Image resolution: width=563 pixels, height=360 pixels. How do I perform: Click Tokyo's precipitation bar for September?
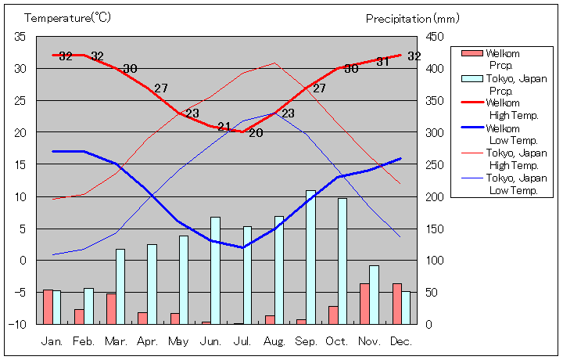point(310,257)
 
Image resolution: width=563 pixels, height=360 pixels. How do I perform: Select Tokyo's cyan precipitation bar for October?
point(342,261)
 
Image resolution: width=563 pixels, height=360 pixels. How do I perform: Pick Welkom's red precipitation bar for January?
point(48,307)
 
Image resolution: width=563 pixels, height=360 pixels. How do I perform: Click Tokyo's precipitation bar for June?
point(215,270)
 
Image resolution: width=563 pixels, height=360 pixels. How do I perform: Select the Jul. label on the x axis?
point(242,341)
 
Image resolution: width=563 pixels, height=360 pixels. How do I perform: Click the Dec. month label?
point(401,341)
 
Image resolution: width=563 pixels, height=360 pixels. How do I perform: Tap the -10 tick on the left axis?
point(18,324)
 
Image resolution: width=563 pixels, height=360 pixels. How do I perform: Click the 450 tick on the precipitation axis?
point(435,37)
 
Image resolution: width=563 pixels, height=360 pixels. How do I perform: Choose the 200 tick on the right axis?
point(435,196)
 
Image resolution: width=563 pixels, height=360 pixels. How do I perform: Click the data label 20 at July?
point(256,133)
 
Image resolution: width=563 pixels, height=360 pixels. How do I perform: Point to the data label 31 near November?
point(382,62)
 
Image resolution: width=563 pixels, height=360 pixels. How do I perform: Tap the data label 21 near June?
point(224,127)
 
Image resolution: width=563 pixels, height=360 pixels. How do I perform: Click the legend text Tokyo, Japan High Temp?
point(516,159)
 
